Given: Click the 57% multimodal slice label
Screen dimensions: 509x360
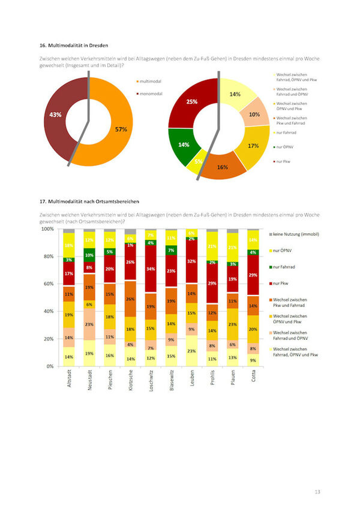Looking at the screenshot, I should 121,129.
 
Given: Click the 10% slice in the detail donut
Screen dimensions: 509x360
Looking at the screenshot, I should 254,115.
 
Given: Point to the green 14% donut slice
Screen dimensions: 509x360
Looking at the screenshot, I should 183,144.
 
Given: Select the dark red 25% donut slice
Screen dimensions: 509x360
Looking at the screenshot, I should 191,102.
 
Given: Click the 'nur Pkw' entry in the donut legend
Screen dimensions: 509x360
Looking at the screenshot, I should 283,161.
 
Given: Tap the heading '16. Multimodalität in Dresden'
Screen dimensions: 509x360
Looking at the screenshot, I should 75,45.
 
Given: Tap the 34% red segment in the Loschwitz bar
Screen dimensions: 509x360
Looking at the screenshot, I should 151,269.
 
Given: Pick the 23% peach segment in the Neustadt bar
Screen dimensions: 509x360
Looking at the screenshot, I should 89,324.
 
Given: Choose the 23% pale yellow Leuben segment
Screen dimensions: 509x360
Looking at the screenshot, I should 191,351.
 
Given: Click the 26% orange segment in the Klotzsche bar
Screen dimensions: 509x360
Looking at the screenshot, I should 130,299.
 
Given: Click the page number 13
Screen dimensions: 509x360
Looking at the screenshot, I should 317,492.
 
